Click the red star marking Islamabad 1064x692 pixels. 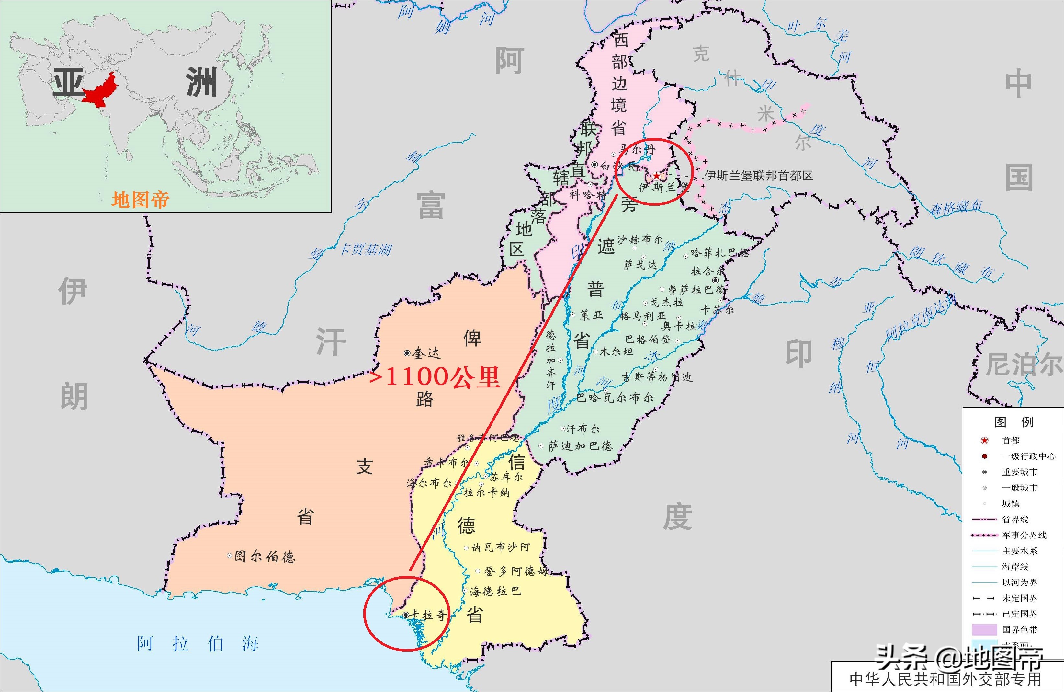click(656, 176)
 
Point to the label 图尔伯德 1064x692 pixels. click(265, 557)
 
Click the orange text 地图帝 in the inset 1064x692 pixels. click(141, 200)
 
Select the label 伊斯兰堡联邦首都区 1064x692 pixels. click(759, 175)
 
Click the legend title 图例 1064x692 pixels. click(1013, 422)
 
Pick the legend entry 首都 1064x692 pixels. click(1011, 441)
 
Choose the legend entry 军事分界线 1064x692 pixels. click(1024, 535)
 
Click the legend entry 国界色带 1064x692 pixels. click(1019, 630)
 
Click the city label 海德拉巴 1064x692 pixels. click(495, 591)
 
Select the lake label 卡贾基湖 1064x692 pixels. click(366, 249)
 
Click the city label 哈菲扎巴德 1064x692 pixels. click(719, 253)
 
